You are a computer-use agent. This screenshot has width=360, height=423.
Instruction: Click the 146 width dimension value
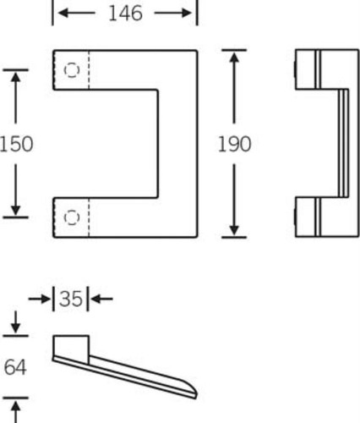tap(125, 14)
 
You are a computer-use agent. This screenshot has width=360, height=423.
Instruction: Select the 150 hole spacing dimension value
tap(16, 144)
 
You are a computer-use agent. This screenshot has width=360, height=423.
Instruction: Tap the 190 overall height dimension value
tap(234, 144)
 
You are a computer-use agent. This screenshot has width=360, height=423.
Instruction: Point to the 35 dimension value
tap(71, 299)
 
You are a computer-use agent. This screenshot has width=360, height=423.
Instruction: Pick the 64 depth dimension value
tap(15, 367)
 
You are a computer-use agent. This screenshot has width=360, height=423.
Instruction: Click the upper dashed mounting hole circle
tap(72, 70)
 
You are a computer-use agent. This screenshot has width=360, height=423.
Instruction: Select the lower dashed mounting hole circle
tap(72, 217)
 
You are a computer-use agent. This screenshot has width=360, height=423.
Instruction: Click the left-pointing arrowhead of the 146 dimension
tap(63, 13)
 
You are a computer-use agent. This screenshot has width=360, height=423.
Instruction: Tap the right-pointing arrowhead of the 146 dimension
tap(187, 13)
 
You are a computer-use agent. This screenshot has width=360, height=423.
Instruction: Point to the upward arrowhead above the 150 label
tap(15, 77)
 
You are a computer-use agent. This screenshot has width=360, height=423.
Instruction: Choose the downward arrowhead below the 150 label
tap(15, 210)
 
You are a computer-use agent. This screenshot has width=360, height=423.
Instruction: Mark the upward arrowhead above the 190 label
tap(234, 58)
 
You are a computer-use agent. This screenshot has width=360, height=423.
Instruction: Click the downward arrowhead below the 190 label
tap(234, 230)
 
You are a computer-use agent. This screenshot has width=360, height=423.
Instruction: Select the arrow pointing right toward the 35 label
tap(40, 299)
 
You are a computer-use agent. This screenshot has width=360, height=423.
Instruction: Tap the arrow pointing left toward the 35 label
tap(101, 299)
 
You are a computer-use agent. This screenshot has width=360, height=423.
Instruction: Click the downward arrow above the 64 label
tap(15, 322)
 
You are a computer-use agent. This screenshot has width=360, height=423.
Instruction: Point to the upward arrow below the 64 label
tap(15, 411)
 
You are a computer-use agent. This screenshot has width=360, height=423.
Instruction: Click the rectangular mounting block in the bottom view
tap(71, 349)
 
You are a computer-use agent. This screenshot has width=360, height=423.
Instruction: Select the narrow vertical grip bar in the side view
tap(343, 143)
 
